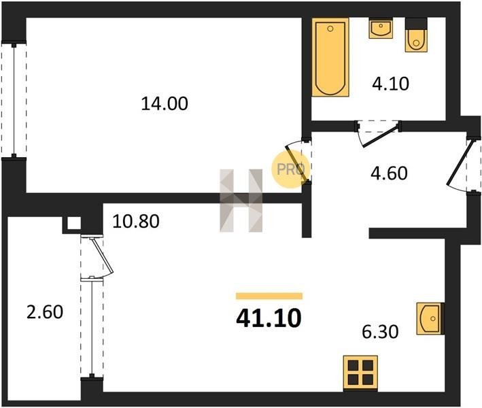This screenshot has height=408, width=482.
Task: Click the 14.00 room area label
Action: point(165,103)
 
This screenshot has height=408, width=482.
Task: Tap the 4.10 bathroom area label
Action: point(390,84)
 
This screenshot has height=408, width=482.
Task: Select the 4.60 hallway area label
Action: point(389,173)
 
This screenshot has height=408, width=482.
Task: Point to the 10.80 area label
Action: point(136,221)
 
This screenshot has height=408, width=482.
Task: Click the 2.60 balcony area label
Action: point(45,311)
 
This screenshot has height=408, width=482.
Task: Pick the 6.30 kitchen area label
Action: point(380,332)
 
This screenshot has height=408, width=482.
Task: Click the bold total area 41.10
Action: point(269,318)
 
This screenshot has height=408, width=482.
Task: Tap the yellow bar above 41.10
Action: point(269,296)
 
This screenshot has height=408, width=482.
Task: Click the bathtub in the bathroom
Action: point(330,57)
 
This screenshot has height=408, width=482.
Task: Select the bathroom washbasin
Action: point(381,29)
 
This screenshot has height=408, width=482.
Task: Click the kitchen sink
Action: point(430,318)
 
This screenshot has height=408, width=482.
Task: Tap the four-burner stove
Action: point(360,373)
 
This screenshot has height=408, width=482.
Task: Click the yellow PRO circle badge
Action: point(290,169)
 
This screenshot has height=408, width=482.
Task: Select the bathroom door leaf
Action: point(381,135)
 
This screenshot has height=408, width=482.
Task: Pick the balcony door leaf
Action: point(103,254)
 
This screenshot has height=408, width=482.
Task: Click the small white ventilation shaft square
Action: point(74,223)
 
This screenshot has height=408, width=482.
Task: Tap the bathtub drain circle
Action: point(330,29)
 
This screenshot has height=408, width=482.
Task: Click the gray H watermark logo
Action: point(241,201)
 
